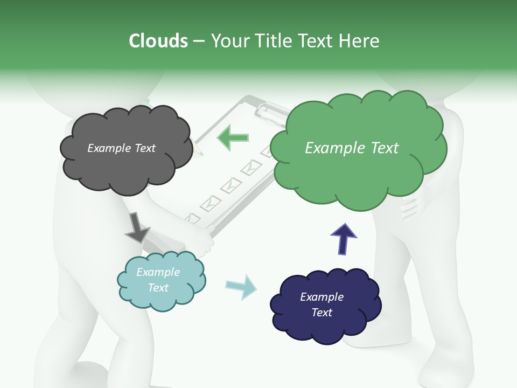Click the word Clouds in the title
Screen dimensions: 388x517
[158, 41]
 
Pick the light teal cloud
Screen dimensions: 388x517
[162, 299]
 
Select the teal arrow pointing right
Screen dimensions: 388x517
[241, 287]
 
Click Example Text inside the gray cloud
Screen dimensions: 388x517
[121, 148]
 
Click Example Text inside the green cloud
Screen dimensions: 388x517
[352, 148]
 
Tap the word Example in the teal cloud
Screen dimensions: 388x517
[158, 272]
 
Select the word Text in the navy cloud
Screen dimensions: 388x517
[322, 313]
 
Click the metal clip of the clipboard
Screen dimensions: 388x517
[272, 110]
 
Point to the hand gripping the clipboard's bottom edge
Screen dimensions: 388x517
[202, 241]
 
